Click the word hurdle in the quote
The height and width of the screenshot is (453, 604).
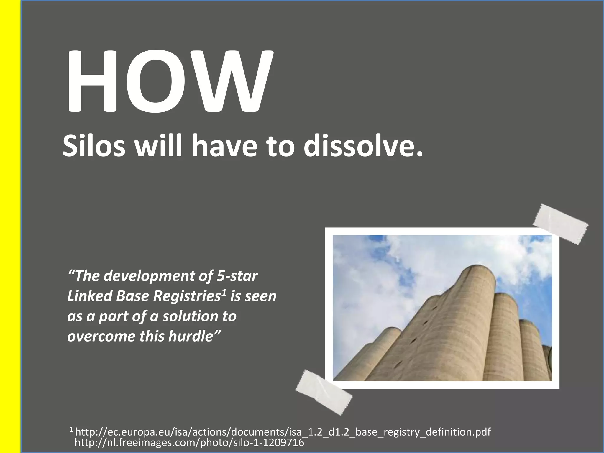coord(190,336)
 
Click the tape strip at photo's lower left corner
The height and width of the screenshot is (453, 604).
coord(324,392)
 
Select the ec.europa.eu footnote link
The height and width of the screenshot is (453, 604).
coord(283,432)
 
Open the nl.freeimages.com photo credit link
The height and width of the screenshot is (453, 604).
coord(189,443)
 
